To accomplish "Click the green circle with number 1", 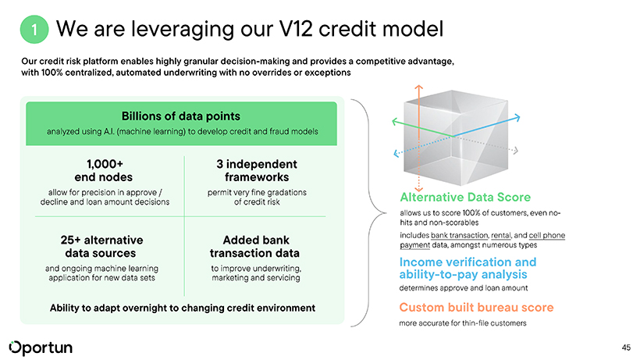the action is pyautogui.click(x=34, y=30).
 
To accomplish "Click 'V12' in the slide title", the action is pyautogui.click(x=296, y=29).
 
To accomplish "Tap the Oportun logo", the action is pyautogui.click(x=41, y=348).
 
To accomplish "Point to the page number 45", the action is pyautogui.click(x=626, y=348).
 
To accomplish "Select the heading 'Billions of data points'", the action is pyautogui.click(x=181, y=116).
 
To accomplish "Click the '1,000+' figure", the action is pyautogui.click(x=105, y=164).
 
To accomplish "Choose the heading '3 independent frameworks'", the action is pyautogui.click(x=257, y=170).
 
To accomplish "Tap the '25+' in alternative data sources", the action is pyautogui.click(x=70, y=240).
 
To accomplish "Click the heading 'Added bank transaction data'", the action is pyautogui.click(x=255, y=247).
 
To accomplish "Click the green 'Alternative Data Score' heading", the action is pyautogui.click(x=465, y=197).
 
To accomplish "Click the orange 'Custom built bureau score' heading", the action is pyautogui.click(x=476, y=308).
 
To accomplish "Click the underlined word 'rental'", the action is pyautogui.click(x=501, y=236).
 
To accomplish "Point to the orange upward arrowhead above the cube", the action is pyautogui.click(x=418, y=87).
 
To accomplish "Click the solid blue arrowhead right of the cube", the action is pyautogui.click(x=517, y=118).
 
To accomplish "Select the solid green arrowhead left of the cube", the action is pyautogui.click(x=395, y=121).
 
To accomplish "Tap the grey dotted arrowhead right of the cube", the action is pyautogui.click(x=516, y=151).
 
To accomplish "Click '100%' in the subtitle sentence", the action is pyautogui.click(x=52, y=73).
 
